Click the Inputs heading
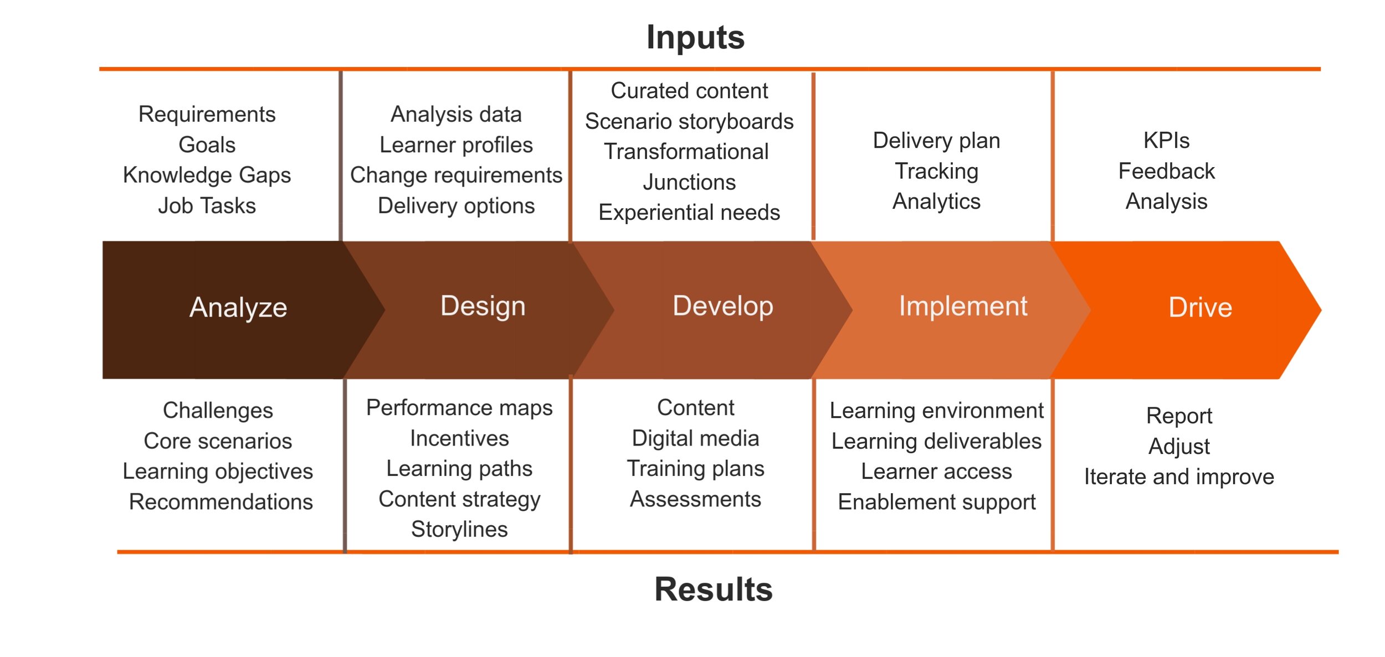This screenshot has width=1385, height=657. pyautogui.click(x=695, y=38)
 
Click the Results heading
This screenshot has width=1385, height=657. pyautogui.click(x=713, y=589)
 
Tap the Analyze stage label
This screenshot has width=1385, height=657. pyautogui.click(x=238, y=308)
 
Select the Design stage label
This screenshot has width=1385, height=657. pyautogui.click(x=483, y=306)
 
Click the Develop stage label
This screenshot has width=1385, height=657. pyautogui.click(x=722, y=306)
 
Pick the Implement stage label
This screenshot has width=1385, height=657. pyautogui.click(x=963, y=306)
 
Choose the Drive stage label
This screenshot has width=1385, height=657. pyautogui.click(x=1200, y=308)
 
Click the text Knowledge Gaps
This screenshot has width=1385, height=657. pyautogui.click(x=207, y=175)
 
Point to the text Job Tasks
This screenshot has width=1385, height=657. pyautogui.click(x=207, y=205)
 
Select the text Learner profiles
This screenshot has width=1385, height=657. pyautogui.click(x=456, y=145)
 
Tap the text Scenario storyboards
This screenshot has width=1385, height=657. pyautogui.click(x=689, y=121)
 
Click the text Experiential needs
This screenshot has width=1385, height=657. pyautogui.click(x=689, y=213)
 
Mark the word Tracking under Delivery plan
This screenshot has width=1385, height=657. pyautogui.click(x=936, y=171)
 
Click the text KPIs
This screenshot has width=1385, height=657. pyautogui.click(x=1166, y=141)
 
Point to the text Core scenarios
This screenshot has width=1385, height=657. pyautogui.click(x=218, y=441)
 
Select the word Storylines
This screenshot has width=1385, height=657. pyautogui.click(x=459, y=529)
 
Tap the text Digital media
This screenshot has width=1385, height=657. pyautogui.click(x=695, y=438)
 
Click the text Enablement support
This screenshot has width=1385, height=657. pyautogui.click(x=936, y=502)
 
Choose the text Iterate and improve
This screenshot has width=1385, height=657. pyautogui.click(x=1179, y=477)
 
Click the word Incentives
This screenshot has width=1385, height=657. pyautogui.click(x=459, y=438)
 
